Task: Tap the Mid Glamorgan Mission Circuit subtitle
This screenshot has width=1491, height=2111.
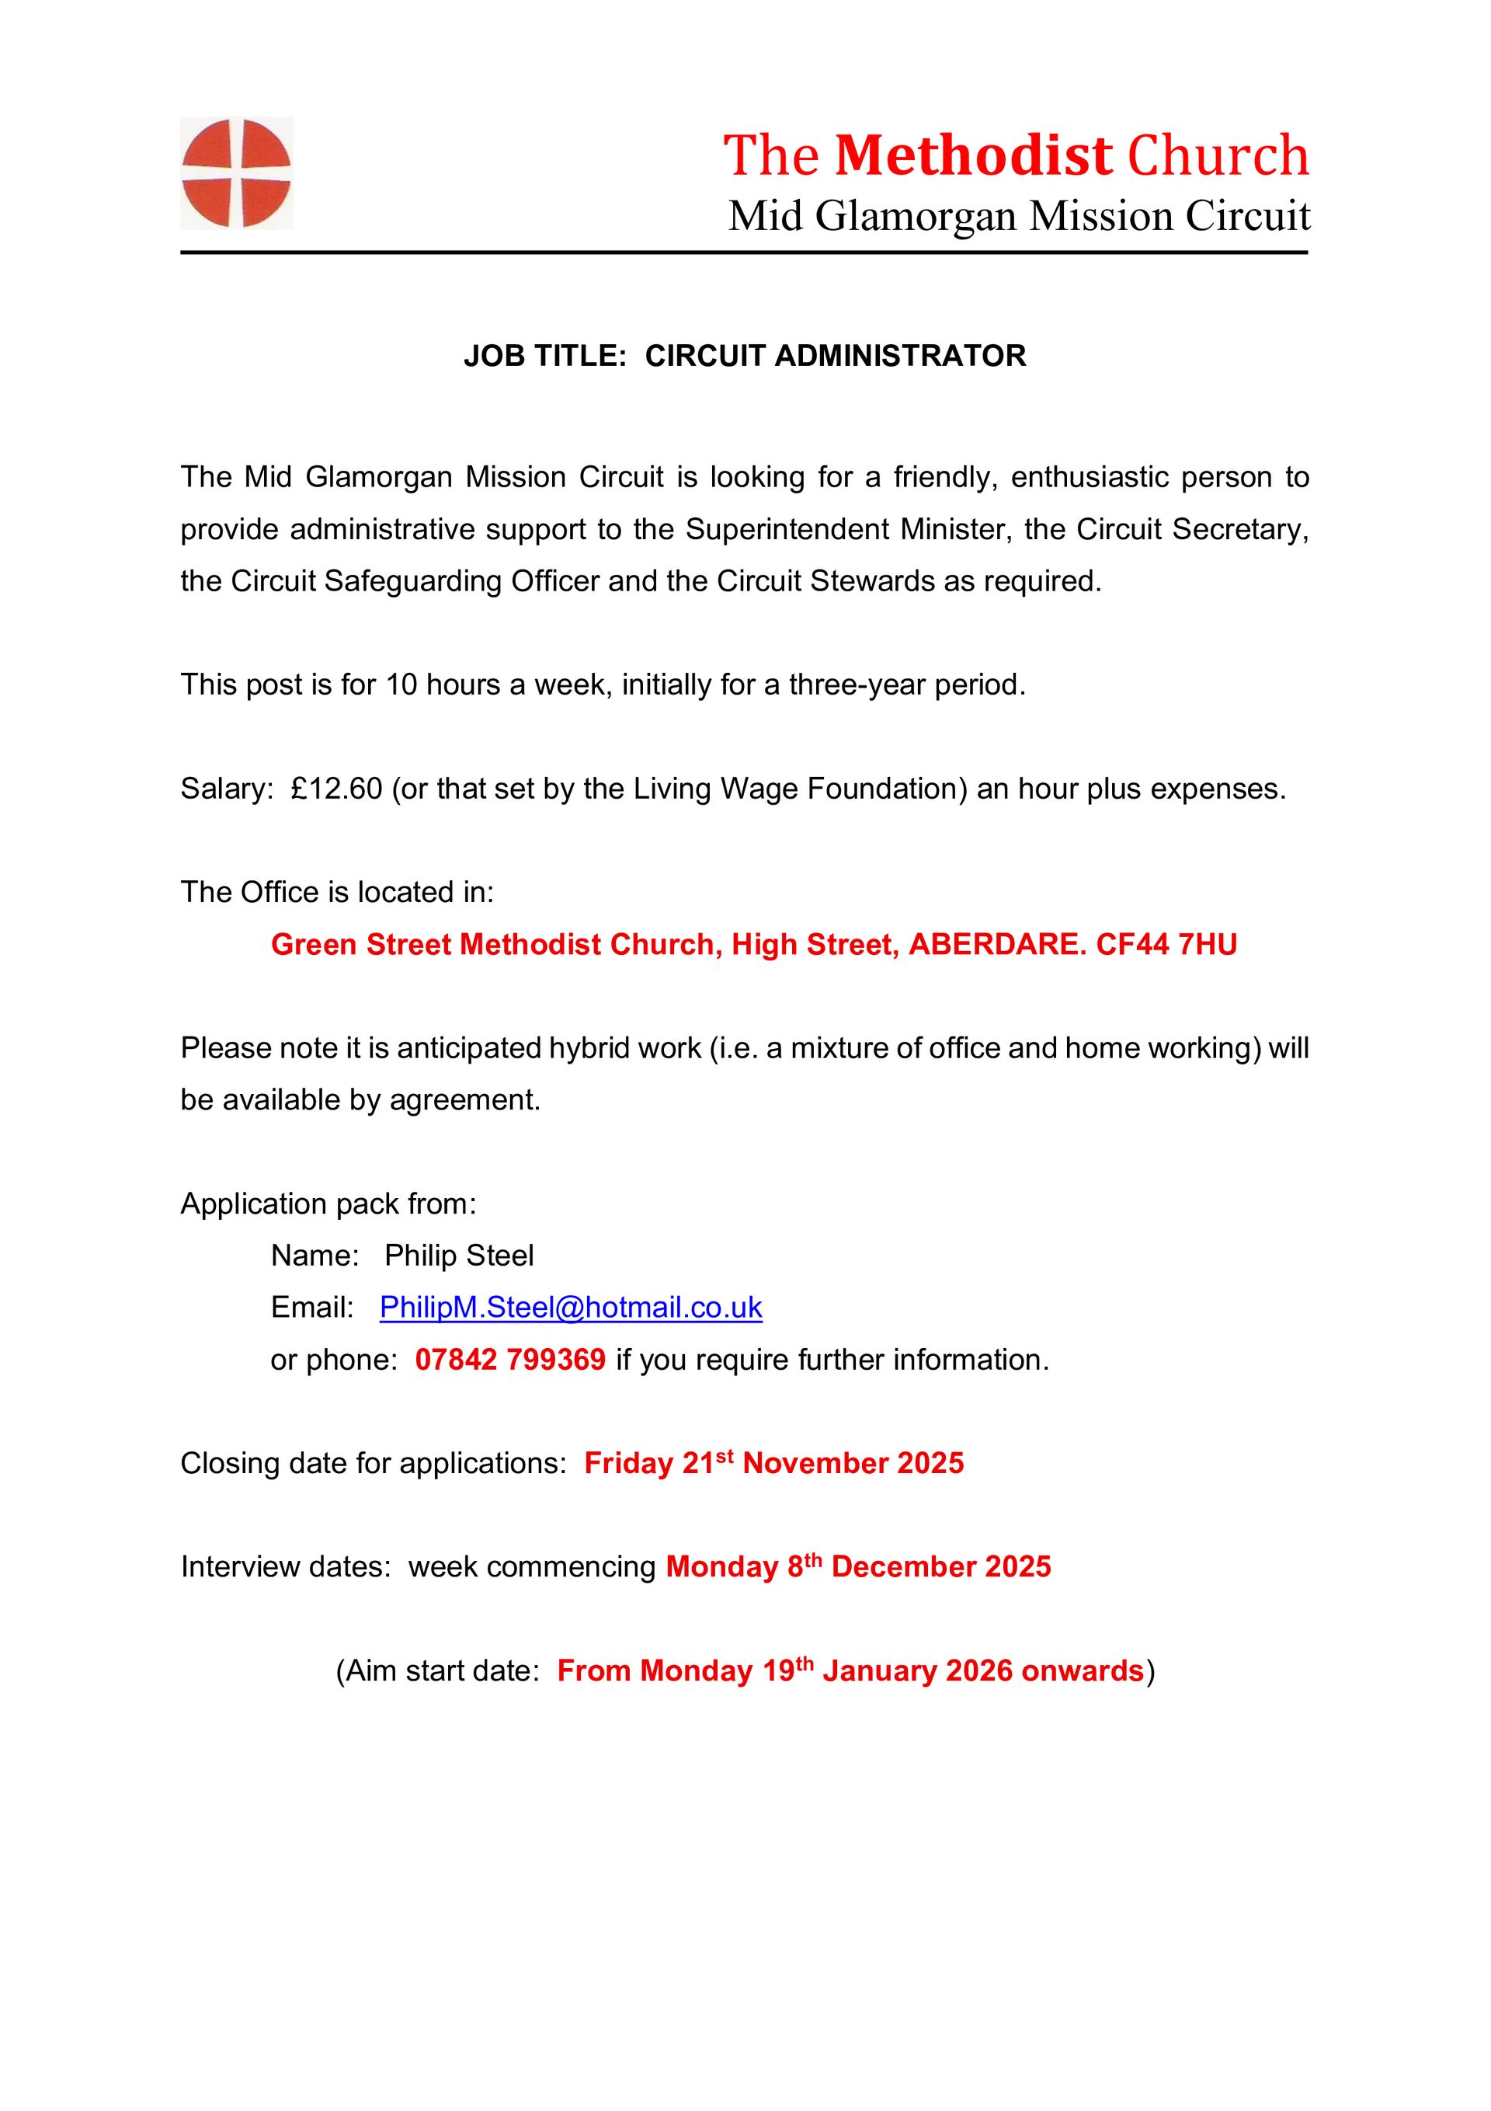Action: tap(1019, 216)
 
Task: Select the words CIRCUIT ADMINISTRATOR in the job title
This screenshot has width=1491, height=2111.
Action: tap(835, 356)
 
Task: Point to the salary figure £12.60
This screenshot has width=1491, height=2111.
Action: tap(335, 789)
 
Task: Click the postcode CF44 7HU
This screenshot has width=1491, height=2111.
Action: tap(1166, 944)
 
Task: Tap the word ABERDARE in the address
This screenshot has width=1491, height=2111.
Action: tap(996, 944)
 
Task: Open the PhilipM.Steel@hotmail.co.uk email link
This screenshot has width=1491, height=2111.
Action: tap(571, 1308)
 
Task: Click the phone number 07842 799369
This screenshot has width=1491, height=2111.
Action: tap(510, 1360)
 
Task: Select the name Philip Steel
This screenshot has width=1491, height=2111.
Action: tap(459, 1256)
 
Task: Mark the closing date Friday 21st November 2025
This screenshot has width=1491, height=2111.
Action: tap(774, 1463)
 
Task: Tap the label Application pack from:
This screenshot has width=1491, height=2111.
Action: tap(328, 1204)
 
